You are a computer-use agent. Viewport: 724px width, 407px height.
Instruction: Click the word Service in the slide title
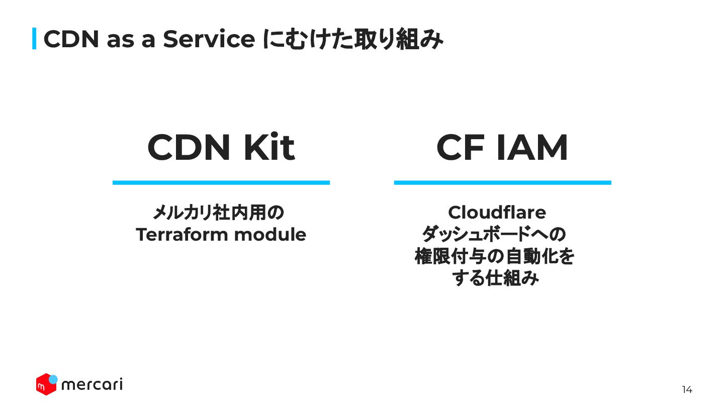click(209, 39)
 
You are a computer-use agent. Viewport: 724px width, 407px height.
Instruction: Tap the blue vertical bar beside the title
click(34, 39)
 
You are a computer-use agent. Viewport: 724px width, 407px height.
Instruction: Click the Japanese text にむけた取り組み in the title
click(353, 39)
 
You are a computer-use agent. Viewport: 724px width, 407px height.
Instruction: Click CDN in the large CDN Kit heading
click(190, 148)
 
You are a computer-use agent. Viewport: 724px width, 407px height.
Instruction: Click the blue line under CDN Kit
click(221, 182)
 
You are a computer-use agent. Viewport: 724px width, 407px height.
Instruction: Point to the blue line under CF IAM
click(502, 182)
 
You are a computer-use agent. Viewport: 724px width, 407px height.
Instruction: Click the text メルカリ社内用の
click(218, 213)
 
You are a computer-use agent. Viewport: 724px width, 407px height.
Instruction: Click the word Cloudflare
click(497, 213)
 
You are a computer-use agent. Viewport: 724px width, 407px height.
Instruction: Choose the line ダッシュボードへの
click(494, 234)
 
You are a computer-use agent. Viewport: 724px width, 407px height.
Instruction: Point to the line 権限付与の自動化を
click(494, 256)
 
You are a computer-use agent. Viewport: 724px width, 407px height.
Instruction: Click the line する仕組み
click(495, 278)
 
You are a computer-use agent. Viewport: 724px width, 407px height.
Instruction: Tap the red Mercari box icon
click(45, 384)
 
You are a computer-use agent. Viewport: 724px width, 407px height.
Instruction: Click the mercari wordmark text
click(92, 385)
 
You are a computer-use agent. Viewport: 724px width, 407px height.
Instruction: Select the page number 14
click(687, 389)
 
